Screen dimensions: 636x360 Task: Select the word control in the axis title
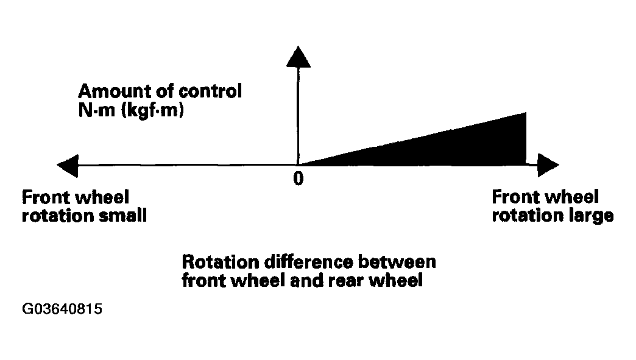coord(210,91)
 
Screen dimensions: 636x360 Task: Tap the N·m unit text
coord(97,110)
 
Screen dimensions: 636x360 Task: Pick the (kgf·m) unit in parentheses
coord(152,110)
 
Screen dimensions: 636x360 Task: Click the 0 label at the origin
coord(298,178)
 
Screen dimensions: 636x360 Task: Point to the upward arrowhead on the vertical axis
coord(298,57)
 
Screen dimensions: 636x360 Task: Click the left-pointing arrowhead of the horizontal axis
coord(68,166)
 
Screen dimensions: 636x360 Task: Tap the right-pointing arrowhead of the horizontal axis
coord(548,165)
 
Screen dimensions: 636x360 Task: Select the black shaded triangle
coord(450,148)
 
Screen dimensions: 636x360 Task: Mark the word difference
coord(309,263)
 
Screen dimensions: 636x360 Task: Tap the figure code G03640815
coord(62,309)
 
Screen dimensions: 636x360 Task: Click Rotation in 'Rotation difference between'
coord(221,263)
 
